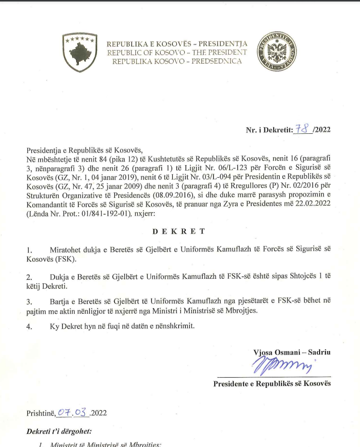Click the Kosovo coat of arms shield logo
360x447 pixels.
click(x=79, y=52)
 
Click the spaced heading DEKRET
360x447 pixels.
click(x=180, y=231)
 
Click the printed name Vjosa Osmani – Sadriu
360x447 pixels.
click(x=292, y=352)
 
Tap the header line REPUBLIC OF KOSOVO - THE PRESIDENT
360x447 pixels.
click(x=177, y=52)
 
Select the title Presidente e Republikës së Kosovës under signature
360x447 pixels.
click(x=272, y=384)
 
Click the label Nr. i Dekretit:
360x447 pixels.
click(x=269, y=130)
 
